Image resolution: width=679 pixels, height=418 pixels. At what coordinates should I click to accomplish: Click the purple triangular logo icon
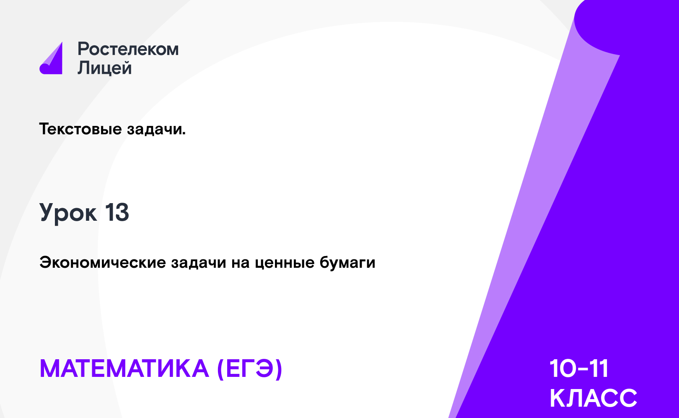[x=52, y=59]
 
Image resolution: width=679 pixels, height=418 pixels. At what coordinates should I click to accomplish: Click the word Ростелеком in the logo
[x=128, y=49]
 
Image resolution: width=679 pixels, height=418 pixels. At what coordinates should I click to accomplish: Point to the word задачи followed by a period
[x=156, y=129]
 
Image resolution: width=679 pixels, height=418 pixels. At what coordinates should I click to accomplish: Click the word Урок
[x=68, y=213]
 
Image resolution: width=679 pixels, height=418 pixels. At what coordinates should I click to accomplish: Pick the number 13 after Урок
[x=117, y=212]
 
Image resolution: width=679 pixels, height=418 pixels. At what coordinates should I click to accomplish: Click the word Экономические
[x=103, y=263]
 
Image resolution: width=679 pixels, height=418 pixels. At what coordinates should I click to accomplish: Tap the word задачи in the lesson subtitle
[x=199, y=263]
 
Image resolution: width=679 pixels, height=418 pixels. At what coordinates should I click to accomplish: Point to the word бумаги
[x=348, y=263]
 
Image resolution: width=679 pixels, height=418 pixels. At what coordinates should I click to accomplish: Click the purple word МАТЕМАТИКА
[x=124, y=368]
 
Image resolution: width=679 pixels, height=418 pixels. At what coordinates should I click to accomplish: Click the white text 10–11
[x=579, y=368]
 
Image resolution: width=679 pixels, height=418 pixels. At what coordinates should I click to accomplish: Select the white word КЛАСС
[x=593, y=398]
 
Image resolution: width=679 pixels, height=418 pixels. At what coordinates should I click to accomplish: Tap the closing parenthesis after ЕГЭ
[x=278, y=369]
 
